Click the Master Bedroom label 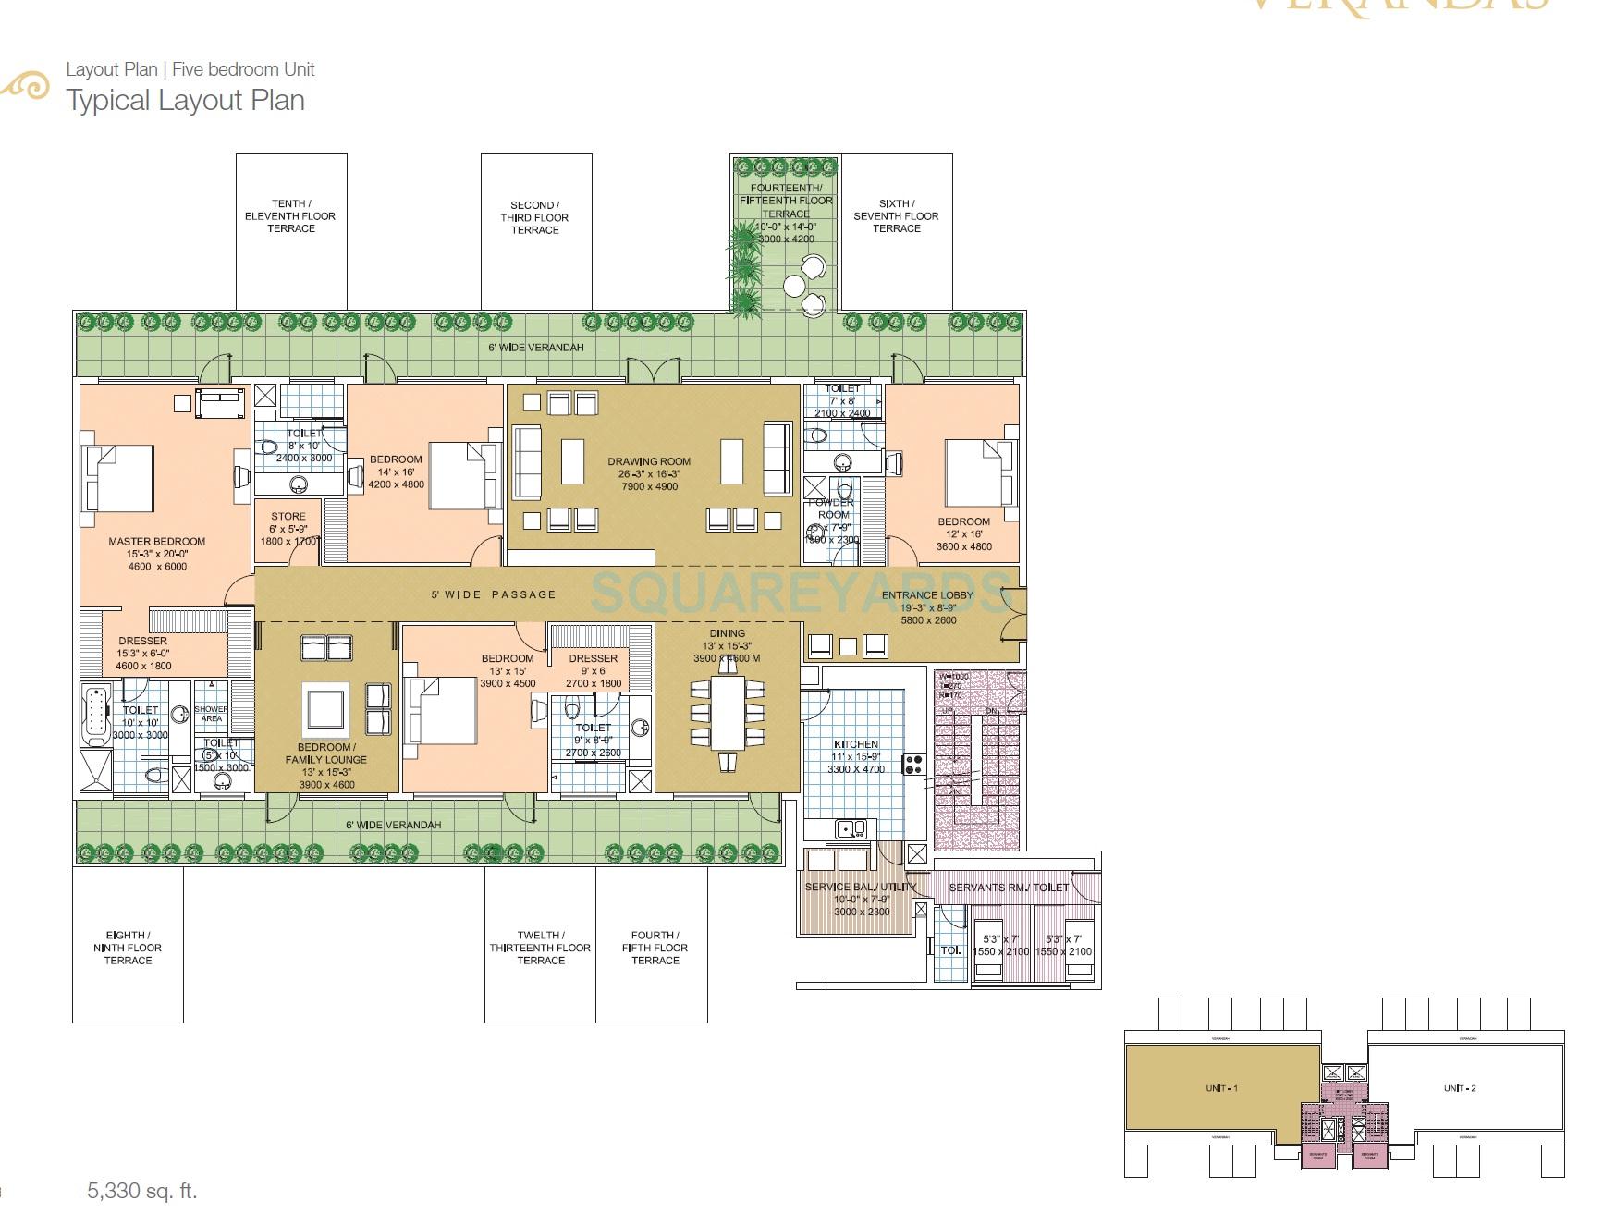point(156,542)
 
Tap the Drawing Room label point(649,461)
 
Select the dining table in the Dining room point(728,713)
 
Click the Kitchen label point(856,744)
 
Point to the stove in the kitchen point(913,765)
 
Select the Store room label point(288,517)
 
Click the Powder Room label point(833,508)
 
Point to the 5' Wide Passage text point(493,594)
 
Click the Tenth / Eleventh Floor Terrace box point(291,231)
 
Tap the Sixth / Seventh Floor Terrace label point(896,216)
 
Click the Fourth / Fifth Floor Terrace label point(655,948)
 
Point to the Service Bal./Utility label point(860,887)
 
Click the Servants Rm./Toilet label point(1009,888)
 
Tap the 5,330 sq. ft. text point(142,1191)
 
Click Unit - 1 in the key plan point(1221,1088)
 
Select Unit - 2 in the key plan point(1460,1088)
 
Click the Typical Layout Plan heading point(185,100)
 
